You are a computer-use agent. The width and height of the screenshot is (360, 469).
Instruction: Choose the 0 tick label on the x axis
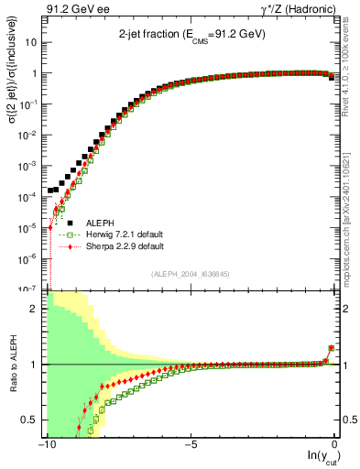[x=336, y=444]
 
